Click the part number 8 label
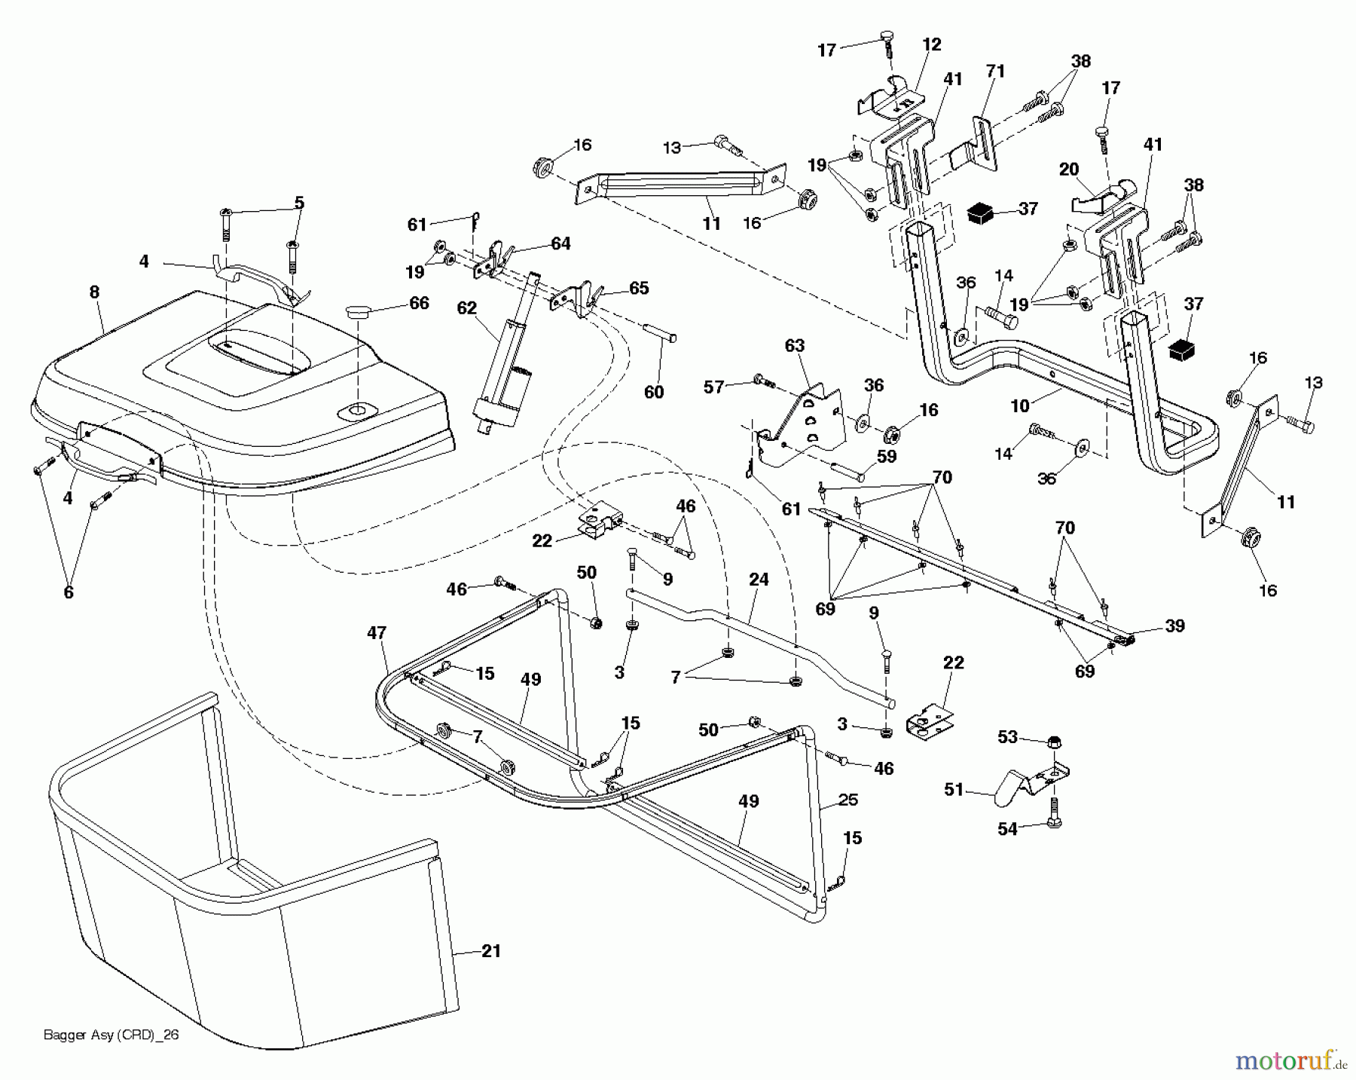coord(94,292)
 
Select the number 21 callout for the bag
coord(490,952)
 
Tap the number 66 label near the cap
coord(419,303)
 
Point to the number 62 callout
coord(467,308)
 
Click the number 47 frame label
coord(377,633)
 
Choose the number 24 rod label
coord(759,580)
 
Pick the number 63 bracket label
coord(795,346)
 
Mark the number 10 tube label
coord(1019,406)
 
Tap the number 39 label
coord(1174,626)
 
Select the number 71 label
coord(995,72)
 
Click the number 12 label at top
coord(932,44)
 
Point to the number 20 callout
coord(1069,170)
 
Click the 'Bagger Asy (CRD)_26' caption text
coord(111,1035)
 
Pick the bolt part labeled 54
coord(1054,821)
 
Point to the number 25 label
coord(848,799)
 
